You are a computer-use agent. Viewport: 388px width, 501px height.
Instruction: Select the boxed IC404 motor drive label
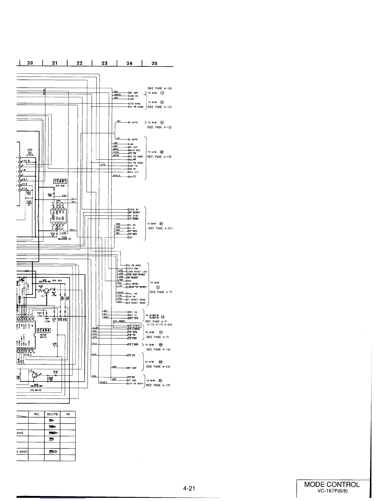click(43, 331)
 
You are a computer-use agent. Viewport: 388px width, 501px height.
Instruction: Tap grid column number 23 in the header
click(104, 63)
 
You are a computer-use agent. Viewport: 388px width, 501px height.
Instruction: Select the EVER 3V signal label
click(133, 209)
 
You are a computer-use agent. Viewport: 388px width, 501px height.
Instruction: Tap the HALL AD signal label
click(132, 293)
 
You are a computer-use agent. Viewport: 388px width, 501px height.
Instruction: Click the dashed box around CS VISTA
click(128, 326)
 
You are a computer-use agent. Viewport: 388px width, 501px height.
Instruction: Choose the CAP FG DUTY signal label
click(136, 384)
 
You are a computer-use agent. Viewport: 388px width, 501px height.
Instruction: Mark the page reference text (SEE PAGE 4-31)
click(160, 228)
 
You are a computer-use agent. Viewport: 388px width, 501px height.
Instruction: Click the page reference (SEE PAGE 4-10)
click(160, 88)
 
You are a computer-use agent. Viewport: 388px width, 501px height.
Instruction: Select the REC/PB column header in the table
click(52, 414)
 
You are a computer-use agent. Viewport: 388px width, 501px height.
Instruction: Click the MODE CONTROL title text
click(332, 485)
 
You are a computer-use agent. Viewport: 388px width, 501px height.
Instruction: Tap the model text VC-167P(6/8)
click(332, 492)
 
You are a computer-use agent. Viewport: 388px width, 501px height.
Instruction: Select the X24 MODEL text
click(119, 321)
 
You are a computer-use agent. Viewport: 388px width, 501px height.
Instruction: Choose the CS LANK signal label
click(133, 344)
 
